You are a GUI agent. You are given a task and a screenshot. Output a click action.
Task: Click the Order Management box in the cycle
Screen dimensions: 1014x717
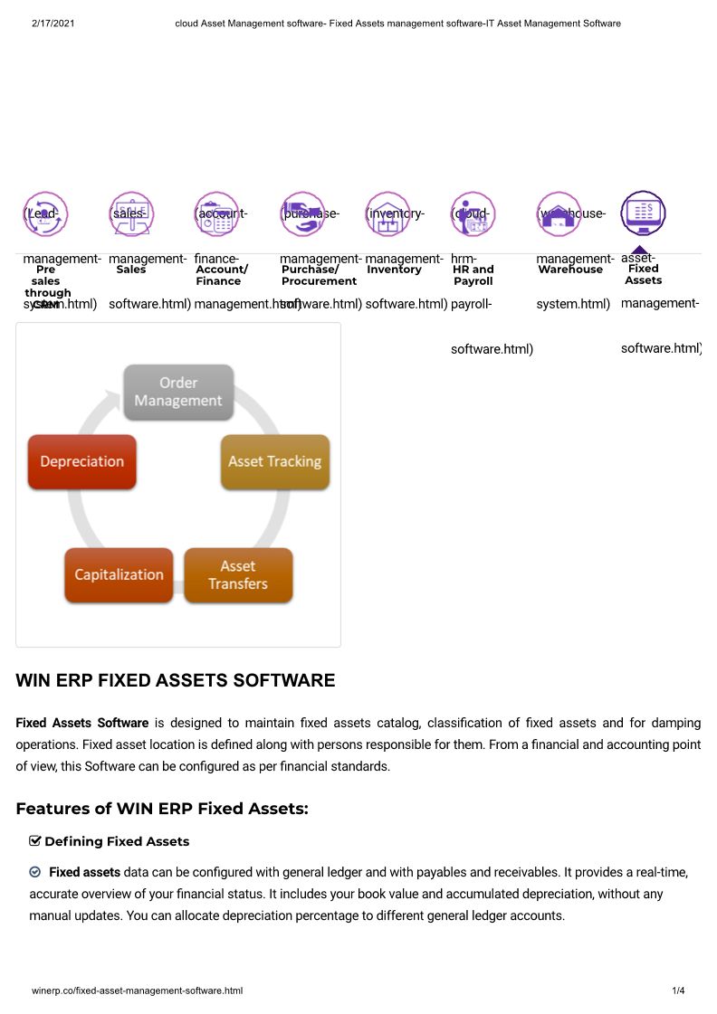pyautogui.click(x=178, y=392)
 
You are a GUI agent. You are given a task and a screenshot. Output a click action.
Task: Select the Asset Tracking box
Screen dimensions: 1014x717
pyautogui.click(x=274, y=461)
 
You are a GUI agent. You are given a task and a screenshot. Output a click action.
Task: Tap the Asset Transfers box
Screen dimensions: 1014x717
pyautogui.click(x=238, y=575)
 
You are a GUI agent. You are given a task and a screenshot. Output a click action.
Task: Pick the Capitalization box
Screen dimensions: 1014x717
pyautogui.click(x=119, y=574)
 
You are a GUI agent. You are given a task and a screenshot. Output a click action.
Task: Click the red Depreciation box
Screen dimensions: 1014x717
pyautogui.click(x=81, y=461)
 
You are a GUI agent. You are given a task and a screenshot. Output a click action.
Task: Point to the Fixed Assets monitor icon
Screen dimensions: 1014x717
pyautogui.click(x=644, y=213)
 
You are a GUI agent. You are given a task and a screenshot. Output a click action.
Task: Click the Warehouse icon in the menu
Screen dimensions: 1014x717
pyautogui.click(x=559, y=213)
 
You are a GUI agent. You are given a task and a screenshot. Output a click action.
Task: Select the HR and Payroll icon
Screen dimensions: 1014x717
pyautogui.click(x=473, y=213)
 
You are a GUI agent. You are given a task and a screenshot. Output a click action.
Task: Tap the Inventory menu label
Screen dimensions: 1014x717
pyautogui.click(x=394, y=270)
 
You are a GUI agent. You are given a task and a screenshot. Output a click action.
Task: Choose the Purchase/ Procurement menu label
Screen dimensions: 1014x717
pyautogui.click(x=319, y=275)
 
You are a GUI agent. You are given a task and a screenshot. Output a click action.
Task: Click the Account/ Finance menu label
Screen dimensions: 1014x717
pyautogui.click(x=222, y=275)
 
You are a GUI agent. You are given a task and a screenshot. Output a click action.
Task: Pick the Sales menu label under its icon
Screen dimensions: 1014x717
pyautogui.click(x=131, y=270)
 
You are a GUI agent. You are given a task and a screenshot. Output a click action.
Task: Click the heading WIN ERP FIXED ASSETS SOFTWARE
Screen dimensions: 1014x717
pyautogui.click(x=176, y=681)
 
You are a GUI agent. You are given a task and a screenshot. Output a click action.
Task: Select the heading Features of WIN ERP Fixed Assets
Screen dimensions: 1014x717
pyautogui.click(x=162, y=809)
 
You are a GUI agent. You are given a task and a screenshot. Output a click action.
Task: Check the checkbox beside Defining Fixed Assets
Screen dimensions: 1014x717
pyautogui.click(x=35, y=841)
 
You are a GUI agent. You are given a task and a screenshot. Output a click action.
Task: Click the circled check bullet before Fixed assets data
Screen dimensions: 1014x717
pyautogui.click(x=35, y=872)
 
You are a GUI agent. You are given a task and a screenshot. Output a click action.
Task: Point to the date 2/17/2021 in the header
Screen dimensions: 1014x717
pyautogui.click(x=53, y=24)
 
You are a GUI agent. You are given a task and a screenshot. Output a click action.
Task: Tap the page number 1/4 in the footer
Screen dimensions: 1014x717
pyautogui.click(x=678, y=991)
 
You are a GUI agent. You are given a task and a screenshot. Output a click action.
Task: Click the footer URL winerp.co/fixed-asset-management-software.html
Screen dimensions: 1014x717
pyautogui.click(x=137, y=991)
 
